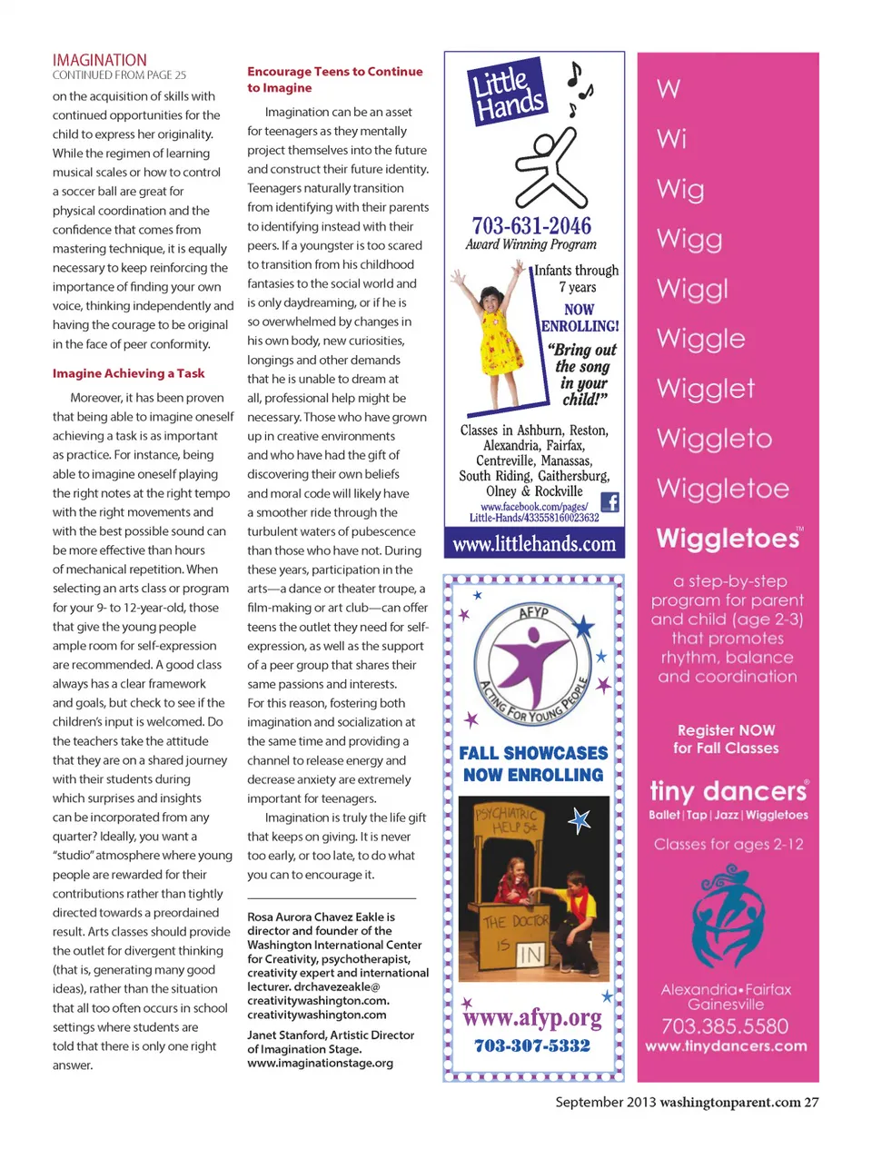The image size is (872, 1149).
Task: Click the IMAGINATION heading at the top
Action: tap(100, 60)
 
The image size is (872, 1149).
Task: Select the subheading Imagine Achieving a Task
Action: tap(128, 373)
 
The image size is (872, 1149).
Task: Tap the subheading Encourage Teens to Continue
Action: tap(334, 72)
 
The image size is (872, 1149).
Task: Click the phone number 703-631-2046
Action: tap(531, 225)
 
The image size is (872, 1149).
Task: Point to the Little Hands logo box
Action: tap(508, 92)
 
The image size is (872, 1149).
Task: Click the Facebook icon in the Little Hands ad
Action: tap(610, 502)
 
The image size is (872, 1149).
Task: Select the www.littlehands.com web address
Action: tap(534, 544)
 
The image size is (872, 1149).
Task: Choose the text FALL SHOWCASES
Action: tap(533, 753)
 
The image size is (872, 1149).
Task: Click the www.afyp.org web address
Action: tap(532, 1017)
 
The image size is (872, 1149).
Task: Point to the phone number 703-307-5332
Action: tap(532, 1045)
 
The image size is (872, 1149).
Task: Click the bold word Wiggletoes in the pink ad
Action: tap(728, 539)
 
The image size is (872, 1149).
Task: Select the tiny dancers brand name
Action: tap(728, 790)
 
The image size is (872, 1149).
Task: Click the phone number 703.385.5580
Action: tap(725, 1026)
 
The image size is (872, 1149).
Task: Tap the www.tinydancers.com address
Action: tap(726, 1046)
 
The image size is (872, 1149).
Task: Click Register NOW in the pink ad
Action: tap(727, 730)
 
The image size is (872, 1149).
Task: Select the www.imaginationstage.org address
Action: tap(320, 1063)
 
